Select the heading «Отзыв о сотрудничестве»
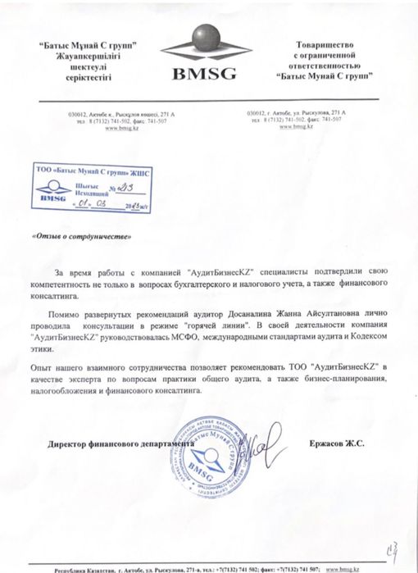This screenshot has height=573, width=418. point(80,235)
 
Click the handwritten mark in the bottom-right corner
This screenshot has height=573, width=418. point(393,536)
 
